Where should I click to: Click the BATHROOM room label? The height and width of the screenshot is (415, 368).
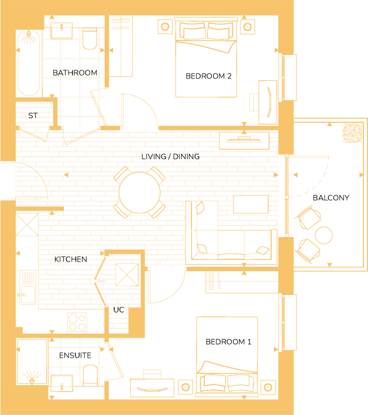[75, 73]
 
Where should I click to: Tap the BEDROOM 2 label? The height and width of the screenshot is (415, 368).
[209, 76]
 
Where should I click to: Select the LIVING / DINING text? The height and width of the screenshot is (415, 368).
[170, 156]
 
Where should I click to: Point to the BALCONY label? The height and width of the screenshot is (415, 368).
[331, 198]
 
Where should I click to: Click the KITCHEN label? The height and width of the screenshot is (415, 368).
[71, 259]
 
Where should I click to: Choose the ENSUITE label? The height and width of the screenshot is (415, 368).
[75, 355]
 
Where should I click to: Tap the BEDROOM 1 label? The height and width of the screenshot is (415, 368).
[228, 342]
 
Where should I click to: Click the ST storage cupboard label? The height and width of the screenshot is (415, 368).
[33, 116]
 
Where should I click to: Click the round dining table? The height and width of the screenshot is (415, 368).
[139, 193]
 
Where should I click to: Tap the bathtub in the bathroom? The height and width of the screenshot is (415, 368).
[29, 64]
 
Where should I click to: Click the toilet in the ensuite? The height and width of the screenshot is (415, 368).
[90, 375]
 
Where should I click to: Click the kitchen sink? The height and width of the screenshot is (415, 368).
[27, 287]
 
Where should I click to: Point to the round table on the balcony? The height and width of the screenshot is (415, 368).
[324, 235]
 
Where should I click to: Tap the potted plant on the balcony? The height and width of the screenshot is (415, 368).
[352, 133]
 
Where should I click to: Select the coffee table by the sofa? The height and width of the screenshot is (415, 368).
[251, 204]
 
